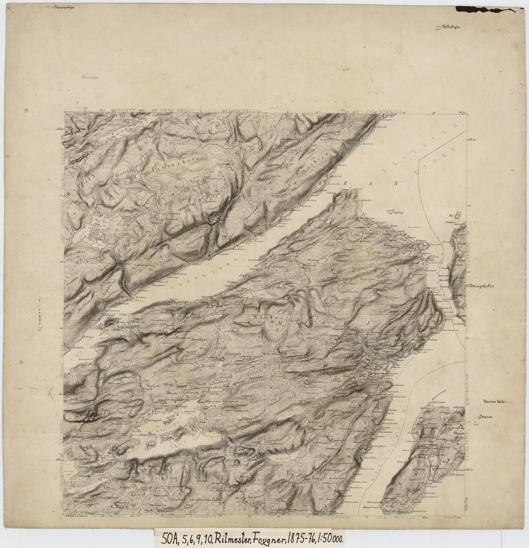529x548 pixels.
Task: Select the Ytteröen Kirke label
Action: [494, 401]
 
